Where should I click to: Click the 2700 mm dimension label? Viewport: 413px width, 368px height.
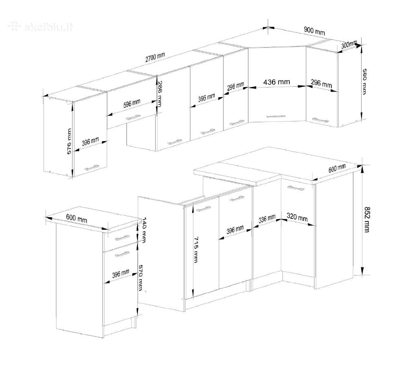click(155, 57)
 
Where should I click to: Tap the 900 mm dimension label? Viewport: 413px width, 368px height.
click(315, 31)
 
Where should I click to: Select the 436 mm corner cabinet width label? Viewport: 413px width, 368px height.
click(277, 82)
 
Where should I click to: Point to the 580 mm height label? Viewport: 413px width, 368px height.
click(364, 81)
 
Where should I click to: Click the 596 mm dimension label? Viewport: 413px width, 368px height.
click(132, 103)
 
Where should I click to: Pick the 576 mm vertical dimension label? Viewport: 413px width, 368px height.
click(69, 141)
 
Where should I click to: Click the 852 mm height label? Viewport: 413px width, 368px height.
click(367, 220)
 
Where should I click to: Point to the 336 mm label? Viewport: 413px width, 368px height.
click(267, 219)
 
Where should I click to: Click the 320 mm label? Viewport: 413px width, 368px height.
click(297, 217)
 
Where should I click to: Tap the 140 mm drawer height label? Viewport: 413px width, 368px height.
click(144, 230)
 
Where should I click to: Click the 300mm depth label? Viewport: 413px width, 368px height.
click(349, 45)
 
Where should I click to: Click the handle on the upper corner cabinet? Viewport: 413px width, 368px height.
click(276, 116)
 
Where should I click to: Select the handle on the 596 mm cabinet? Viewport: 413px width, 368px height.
click(133, 117)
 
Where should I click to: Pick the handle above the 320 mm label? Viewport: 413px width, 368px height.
click(295, 188)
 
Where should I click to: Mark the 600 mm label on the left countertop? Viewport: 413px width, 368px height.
click(76, 218)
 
